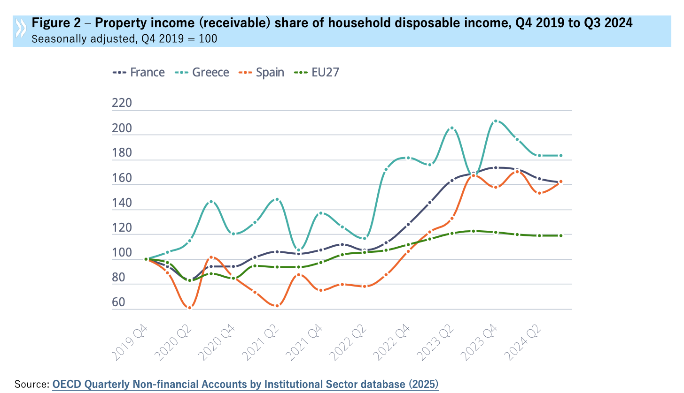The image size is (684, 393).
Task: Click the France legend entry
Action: tap(139, 73)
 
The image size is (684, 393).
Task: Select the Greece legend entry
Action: tap(202, 73)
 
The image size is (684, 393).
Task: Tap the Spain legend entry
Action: tap(261, 73)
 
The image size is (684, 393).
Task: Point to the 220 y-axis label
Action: tap(122, 104)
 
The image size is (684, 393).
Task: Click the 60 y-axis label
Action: tap(119, 302)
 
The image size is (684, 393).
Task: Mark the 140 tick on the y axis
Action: tap(122, 203)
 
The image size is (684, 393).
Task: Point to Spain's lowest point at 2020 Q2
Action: tap(189, 308)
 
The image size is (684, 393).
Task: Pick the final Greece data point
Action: tap(560, 156)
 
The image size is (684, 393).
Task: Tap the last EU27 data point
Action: tap(560, 235)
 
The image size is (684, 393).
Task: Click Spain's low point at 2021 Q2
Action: tap(277, 306)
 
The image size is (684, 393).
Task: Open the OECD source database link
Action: tap(245, 384)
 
